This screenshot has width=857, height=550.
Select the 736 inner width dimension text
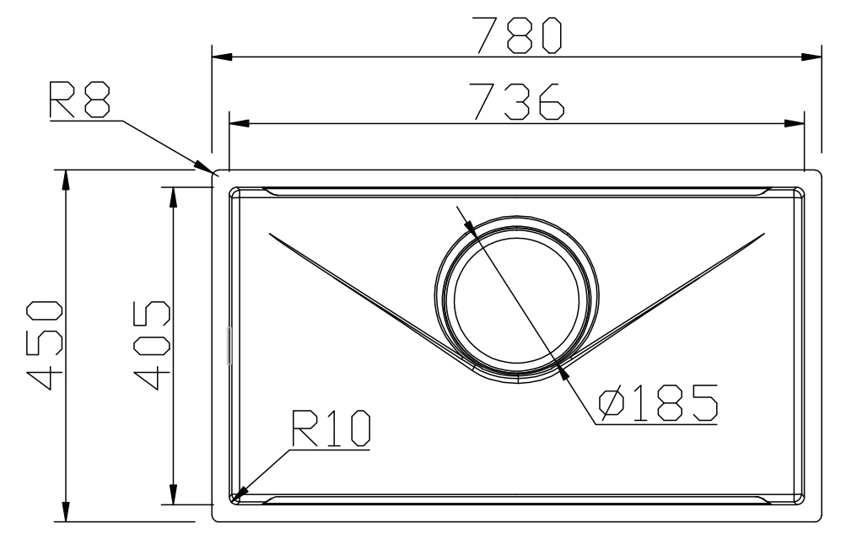(517, 100)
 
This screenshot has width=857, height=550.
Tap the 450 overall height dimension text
(42, 345)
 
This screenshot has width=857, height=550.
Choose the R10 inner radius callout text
(331, 429)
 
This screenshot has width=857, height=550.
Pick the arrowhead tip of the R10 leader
(238, 497)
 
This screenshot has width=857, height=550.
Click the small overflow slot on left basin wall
(229, 346)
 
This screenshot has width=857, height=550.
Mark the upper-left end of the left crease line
(267, 232)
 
